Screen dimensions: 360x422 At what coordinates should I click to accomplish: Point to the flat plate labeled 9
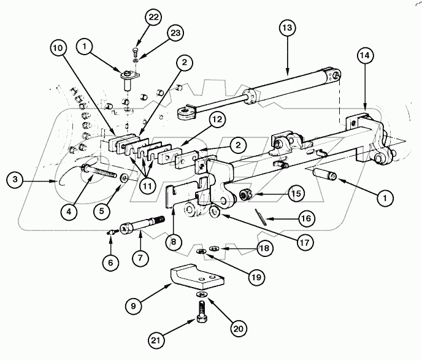point(195,275)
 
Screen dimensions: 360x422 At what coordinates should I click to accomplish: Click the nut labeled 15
point(245,195)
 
